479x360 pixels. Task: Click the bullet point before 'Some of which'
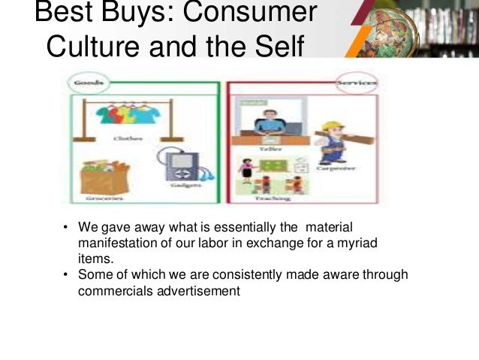click(66, 275)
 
